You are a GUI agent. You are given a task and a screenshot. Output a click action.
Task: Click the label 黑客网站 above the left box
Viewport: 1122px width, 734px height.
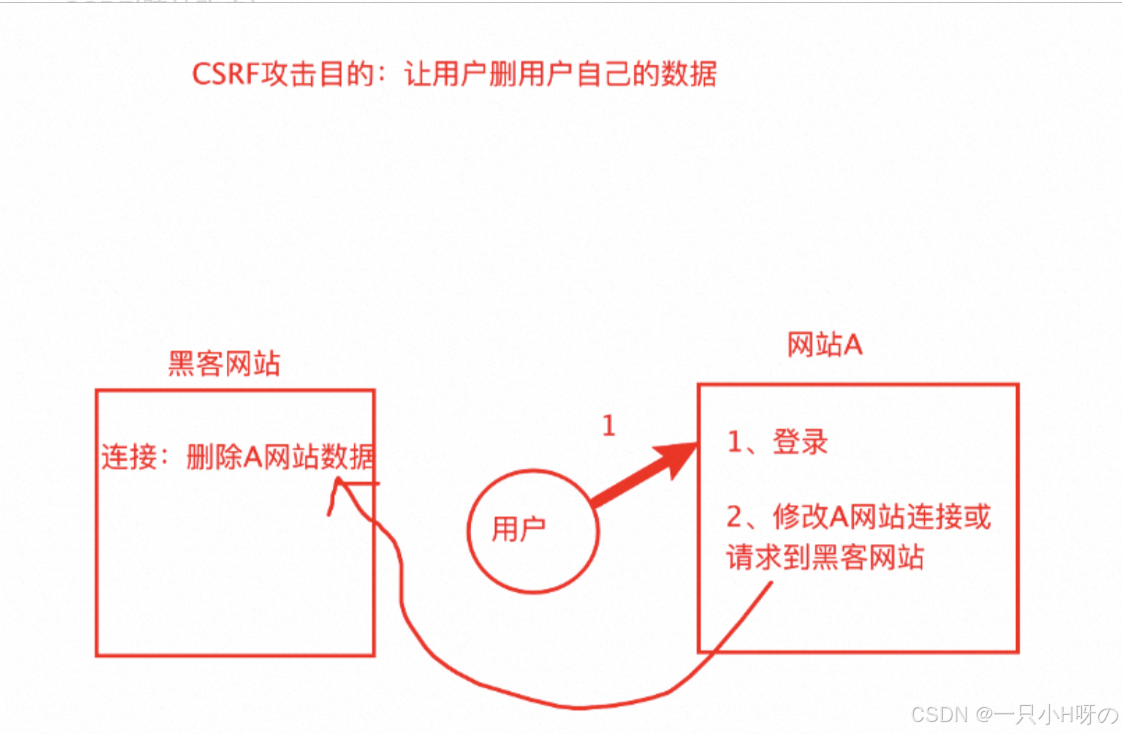pyautogui.click(x=224, y=363)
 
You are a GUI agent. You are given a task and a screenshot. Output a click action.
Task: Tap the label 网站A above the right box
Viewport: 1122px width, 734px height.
pyautogui.click(x=824, y=345)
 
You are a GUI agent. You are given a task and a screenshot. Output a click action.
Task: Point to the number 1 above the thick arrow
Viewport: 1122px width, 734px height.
pyautogui.click(x=608, y=426)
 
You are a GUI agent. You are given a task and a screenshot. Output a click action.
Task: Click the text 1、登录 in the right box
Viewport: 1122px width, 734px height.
pyautogui.click(x=777, y=442)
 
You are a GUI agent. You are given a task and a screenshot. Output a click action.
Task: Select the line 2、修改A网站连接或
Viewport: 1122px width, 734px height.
pyautogui.click(x=858, y=517)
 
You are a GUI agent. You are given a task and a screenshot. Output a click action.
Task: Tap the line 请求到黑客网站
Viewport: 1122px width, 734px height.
pyautogui.click(x=825, y=558)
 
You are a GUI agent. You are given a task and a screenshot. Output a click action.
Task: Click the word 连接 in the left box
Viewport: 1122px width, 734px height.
pyautogui.click(x=129, y=457)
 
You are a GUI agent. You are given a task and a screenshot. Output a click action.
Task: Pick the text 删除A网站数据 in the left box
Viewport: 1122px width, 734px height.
pyautogui.click(x=280, y=457)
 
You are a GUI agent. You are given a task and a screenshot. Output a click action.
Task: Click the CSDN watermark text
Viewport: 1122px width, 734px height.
pyautogui.click(x=939, y=714)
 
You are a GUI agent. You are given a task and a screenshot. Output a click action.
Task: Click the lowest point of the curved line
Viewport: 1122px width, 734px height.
pyautogui.click(x=578, y=707)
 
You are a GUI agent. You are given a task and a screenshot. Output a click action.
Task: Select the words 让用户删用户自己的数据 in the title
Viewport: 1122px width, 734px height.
pyautogui.click(x=560, y=74)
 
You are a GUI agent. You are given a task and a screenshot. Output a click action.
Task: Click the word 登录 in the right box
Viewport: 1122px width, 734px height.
pyautogui.click(x=800, y=442)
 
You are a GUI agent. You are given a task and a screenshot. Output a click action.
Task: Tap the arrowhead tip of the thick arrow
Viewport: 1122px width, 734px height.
pyautogui.click(x=696, y=445)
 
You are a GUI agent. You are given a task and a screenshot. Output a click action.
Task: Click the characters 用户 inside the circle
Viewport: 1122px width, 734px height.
pyautogui.click(x=518, y=529)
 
